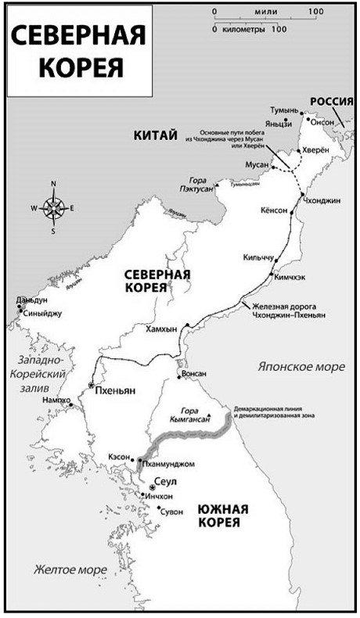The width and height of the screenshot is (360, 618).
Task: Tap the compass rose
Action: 53,207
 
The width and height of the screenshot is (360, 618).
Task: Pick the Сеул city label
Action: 168,483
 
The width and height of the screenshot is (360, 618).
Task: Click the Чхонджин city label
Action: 322,200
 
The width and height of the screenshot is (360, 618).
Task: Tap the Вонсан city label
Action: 193,374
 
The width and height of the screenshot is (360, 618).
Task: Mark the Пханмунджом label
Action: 167,464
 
